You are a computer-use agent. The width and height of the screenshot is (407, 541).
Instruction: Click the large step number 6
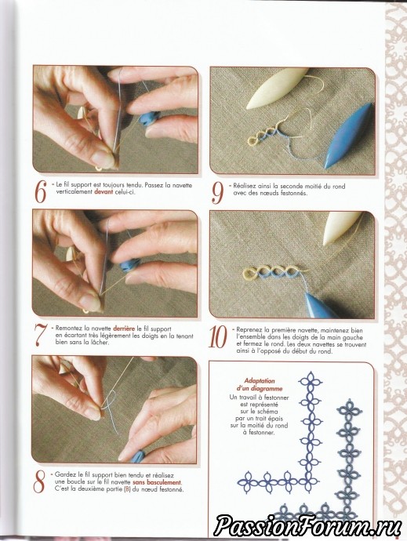click(40, 192)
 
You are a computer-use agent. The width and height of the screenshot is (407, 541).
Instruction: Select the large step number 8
click(39, 481)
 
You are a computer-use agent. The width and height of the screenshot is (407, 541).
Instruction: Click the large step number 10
click(218, 337)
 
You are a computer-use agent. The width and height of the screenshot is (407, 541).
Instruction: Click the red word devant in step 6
click(104, 192)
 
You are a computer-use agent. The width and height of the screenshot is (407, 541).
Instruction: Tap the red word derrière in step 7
click(124, 329)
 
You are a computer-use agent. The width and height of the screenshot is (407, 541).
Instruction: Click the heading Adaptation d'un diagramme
click(260, 385)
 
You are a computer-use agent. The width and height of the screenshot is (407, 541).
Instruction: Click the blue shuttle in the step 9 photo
click(348, 135)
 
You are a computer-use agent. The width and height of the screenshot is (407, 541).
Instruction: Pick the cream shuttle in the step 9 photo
click(276, 89)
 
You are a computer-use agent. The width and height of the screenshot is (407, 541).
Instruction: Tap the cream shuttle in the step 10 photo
click(342, 228)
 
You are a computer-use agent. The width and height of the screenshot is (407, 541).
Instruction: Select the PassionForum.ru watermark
click(307, 526)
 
